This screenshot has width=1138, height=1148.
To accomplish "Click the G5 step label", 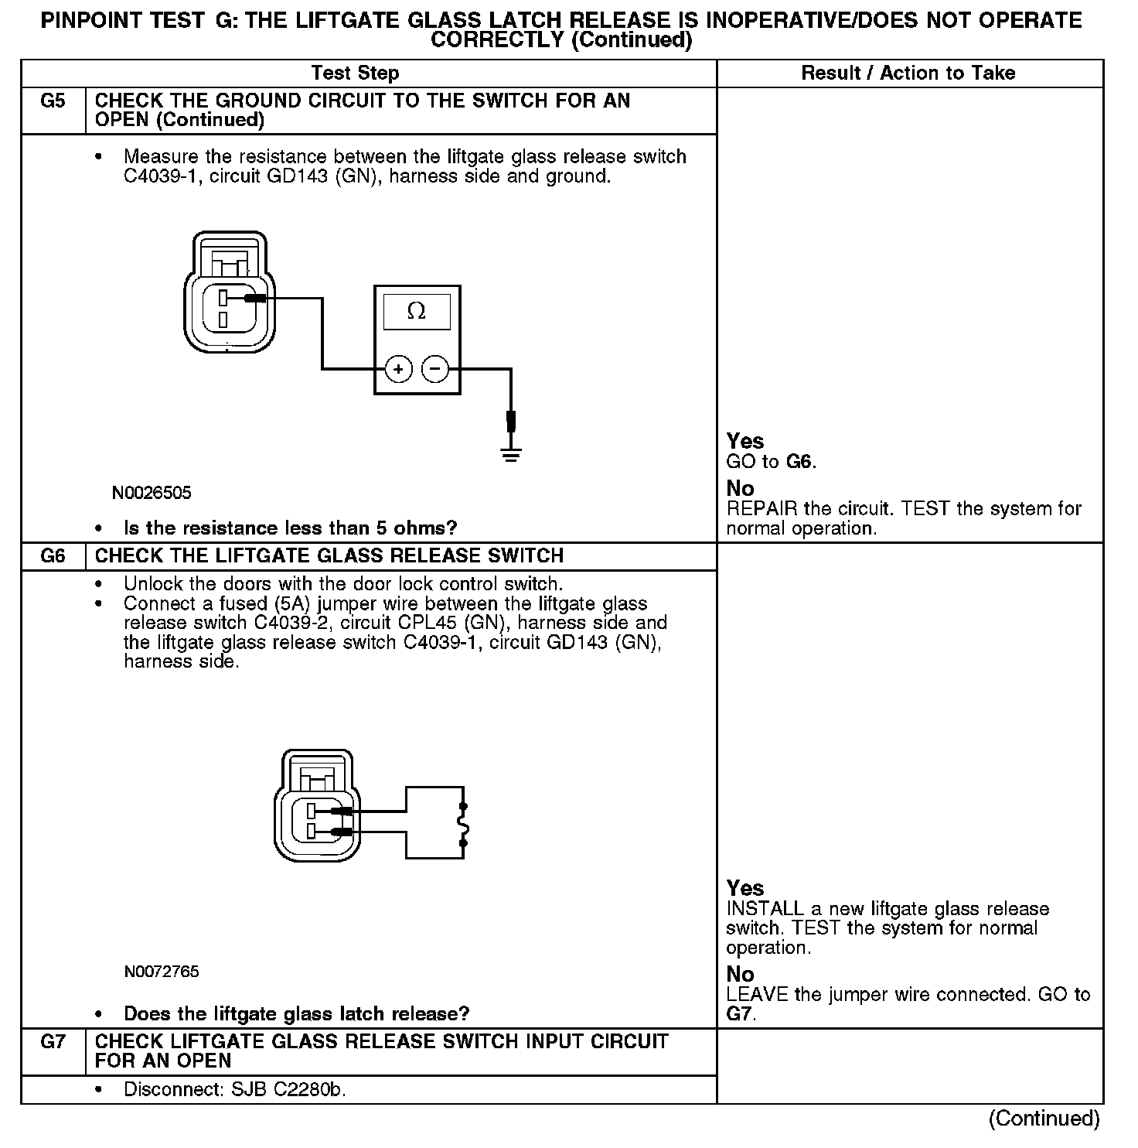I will (x=53, y=101).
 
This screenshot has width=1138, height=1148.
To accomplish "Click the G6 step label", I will (x=53, y=556).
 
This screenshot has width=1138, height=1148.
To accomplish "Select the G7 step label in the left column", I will (x=53, y=1042).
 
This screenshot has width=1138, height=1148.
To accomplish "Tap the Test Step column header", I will (x=355, y=73).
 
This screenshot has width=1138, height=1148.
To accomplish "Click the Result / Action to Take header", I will (x=908, y=73).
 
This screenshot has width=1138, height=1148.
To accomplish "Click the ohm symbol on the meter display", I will (x=416, y=312).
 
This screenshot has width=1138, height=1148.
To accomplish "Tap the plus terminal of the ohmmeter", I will (x=398, y=370).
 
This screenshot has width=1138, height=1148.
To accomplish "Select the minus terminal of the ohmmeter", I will (x=435, y=370).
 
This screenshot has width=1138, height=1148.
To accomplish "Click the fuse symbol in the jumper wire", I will (x=463, y=824).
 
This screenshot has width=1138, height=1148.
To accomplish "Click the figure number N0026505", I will (x=152, y=493).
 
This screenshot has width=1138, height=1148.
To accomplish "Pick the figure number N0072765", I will (x=161, y=972).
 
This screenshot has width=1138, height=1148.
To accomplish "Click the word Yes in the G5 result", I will (x=745, y=441).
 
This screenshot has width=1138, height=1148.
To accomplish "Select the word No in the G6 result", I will (x=740, y=974).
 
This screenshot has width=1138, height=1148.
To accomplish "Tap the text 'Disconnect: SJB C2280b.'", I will (x=235, y=1090).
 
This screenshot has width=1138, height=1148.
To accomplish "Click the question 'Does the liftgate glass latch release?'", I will (x=297, y=1013).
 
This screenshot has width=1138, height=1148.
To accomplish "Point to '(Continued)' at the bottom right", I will (x=1044, y=1119).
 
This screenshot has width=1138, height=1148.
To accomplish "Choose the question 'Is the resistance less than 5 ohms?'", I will (x=291, y=528).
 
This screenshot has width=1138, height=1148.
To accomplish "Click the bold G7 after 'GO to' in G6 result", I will (x=739, y=1014).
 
